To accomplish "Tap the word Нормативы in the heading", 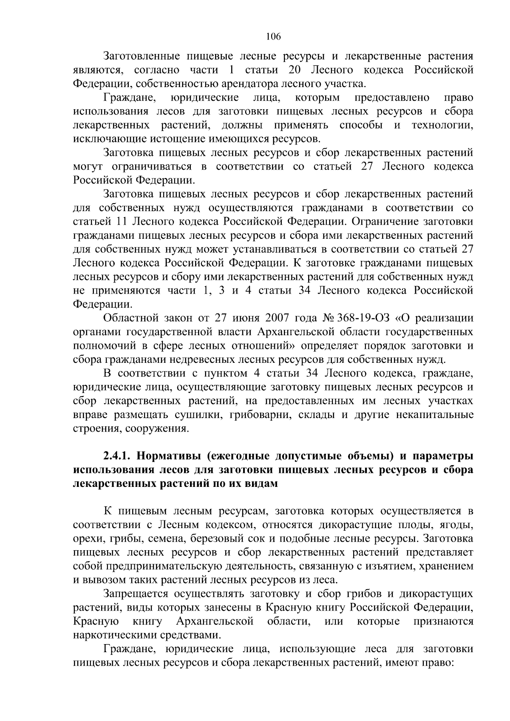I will click(164, 456).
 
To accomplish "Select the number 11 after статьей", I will click(122, 222).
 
